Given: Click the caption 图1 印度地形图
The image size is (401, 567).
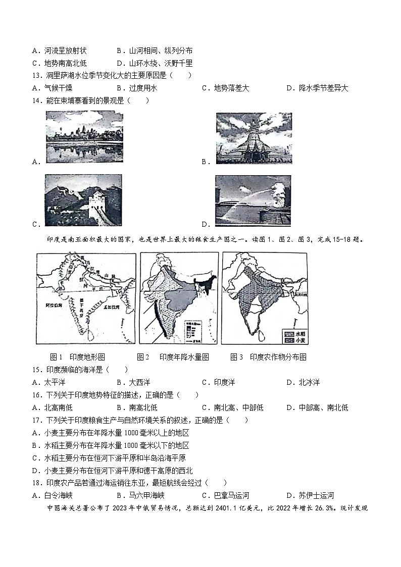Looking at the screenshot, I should coord(78,357).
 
